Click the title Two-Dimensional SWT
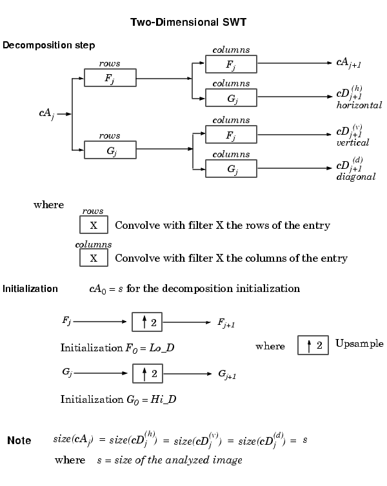pyautogui.click(x=188, y=23)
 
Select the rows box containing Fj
pyautogui.click(x=110, y=77)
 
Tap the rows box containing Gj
pyautogui.click(x=110, y=150)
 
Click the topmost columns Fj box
pyautogui.click(x=231, y=64)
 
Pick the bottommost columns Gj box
pyautogui.click(x=231, y=169)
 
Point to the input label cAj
pyautogui.click(x=47, y=113)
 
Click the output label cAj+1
pyautogui.click(x=348, y=63)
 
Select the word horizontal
pyautogui.click(x=359, y=105)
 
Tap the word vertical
pyautogui.click(x=353, y=142)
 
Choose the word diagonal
pyautogui.click(x=355, y=177)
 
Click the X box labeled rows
pyautogui.click(x=94, y=225)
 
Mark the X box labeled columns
pyautogui.click(x=94, y=258)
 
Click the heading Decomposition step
pyautogui.click(x=48, y=45)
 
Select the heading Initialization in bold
pyautogui.click(x=30, y=289)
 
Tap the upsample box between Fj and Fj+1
pyautogui.click(x=147, y=322)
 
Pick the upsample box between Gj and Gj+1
pyautogui.click(x=148, y=373)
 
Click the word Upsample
pyautogui.click(x=359, y=344)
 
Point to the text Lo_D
pyautogui.click(x=161, y=348)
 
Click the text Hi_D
pyautogui.click(x=163, y=399)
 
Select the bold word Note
pyautogui.click(x=19, y=440)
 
